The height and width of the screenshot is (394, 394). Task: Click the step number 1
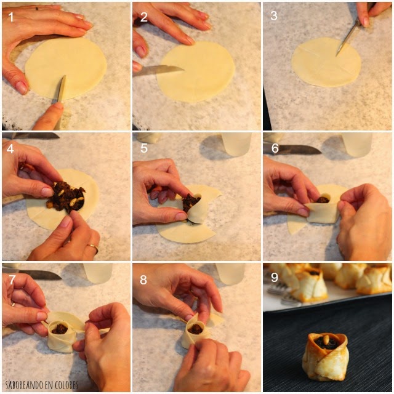coord(11,17)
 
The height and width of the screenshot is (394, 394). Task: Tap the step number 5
coord(144,148)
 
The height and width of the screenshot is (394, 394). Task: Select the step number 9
coord(275,278)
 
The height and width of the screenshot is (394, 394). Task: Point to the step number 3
coord(274,15)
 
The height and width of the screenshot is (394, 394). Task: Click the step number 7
coord(12,279)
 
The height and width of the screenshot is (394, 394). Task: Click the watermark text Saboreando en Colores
coord(42,385)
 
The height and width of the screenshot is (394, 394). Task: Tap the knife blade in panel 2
coord(159,70)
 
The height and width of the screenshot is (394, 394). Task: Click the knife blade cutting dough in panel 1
coord(62,89)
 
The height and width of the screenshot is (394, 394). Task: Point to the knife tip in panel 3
coord(337,55)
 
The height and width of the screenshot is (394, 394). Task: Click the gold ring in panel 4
coord(93,247)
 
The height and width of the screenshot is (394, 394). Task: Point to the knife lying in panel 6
coord(292,150)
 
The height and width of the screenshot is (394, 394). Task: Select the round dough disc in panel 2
coord(196,72)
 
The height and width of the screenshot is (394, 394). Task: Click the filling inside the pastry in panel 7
coord(60,329)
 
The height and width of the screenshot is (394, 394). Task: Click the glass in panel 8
coord(230,273)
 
